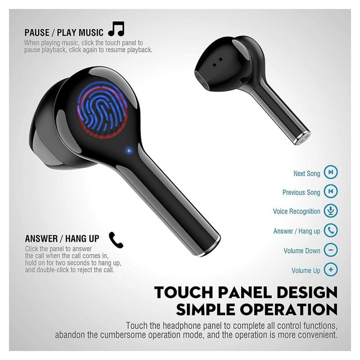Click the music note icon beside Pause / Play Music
pyautogui.click(x=117, y=29)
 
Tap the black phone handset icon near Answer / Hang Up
pyautogui.click(x=116, y=240)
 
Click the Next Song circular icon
pyautogui.click(x=331, y=172)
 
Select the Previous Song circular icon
pyautogui.click(x=331, y=191)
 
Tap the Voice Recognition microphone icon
pyautogui.click(x=331, y=211)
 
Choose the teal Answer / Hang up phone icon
pyautogui.click(x=331, y=230)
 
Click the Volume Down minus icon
pyautogui.click(x=331, y=250)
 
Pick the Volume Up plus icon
pyautogui.click(x=331, y=270)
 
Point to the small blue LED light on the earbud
pyautogui.click(x=129, y=151)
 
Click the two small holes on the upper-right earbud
pyautogui.click(x=217, y=62)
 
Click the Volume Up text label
pyautogui.click(x=306, y=270)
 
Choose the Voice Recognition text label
pyautogui.click(x=297, y=211)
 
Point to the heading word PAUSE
pyautogui.click(x=37, y=32)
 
